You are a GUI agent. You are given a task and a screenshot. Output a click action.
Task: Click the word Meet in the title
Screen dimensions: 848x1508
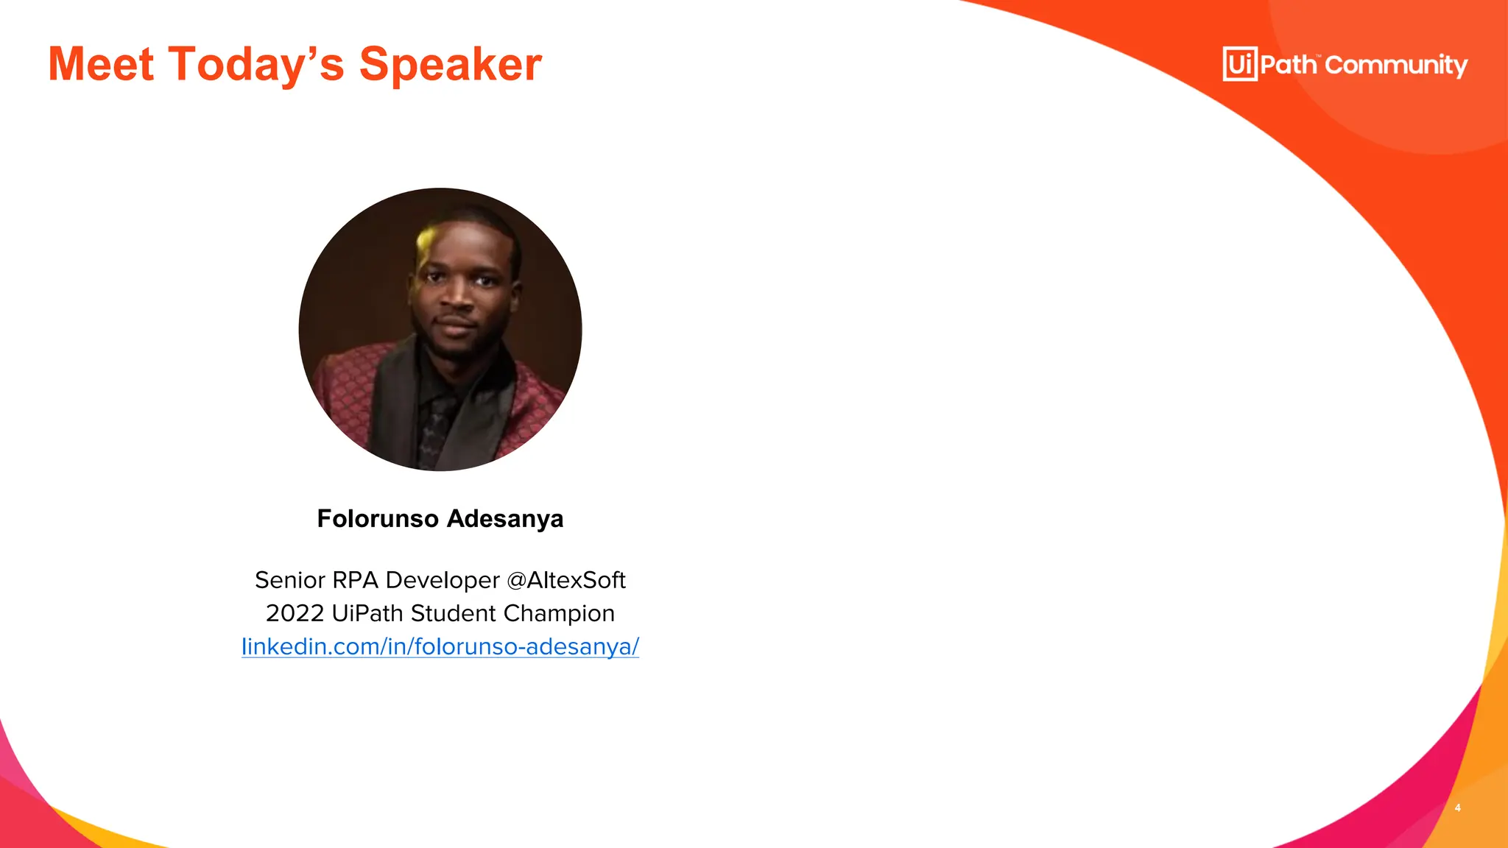pos(101,65)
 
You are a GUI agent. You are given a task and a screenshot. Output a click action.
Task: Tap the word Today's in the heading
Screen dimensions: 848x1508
pos(256,65)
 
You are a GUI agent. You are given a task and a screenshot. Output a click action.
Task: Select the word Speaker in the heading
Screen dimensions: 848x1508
pos(450,65)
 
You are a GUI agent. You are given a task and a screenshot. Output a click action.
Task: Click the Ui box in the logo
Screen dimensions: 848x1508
pos(1240,64)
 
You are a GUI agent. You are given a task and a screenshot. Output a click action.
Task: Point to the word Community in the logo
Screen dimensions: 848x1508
pos(1396,66)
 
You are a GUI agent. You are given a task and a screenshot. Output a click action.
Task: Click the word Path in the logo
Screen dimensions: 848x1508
pos(1288,65)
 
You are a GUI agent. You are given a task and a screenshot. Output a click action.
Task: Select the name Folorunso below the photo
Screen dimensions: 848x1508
pos(378,519)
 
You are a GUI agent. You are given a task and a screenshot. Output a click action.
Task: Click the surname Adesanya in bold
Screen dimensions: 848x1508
pos(505,519)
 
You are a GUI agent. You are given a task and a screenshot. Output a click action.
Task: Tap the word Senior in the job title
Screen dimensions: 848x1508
pos(290,580)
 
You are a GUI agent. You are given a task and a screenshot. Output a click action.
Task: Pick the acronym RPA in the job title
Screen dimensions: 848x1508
pos(355,580)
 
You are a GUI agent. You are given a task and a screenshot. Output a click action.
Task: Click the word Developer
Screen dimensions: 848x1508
pos(443,580)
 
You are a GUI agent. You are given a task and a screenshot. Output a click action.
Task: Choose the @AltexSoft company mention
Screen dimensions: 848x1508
pos(566,580)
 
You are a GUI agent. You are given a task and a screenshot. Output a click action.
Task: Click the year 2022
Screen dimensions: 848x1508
pos(295,613)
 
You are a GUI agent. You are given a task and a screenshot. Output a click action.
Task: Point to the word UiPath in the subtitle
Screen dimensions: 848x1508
pos(367,613)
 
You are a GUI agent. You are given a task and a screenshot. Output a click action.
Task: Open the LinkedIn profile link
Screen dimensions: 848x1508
pos(440,646)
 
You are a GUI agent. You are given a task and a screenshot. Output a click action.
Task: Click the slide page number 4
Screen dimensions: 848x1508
pos(1458,808)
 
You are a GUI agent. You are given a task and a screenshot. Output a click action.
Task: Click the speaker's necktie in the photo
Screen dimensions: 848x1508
pos(436,431)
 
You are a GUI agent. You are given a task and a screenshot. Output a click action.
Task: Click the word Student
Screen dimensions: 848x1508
pos(453,613)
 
